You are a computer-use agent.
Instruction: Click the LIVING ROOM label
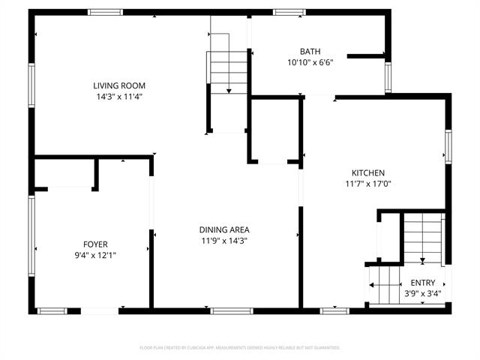[119, 85]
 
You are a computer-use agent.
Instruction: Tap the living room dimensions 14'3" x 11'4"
[119, 97]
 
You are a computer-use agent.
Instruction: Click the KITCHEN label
[368, 172]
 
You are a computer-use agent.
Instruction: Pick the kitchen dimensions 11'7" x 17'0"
[368, 184]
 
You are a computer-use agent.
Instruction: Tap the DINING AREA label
[224, 229]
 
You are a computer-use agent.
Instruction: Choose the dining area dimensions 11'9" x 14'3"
[224, 241]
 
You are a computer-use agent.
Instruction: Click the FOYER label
[95, 244]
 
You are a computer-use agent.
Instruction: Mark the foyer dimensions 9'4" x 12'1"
[95, 256]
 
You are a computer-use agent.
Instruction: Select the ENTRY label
[422, 283]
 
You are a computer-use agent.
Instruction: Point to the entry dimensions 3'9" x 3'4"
[422, 293]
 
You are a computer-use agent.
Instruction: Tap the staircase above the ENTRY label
[423, 236]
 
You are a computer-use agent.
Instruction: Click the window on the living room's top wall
[105, 11]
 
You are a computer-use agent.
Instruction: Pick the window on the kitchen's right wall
[448, 146]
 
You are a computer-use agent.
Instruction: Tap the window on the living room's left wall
[31, 85]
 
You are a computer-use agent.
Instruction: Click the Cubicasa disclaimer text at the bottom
[240, 348]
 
